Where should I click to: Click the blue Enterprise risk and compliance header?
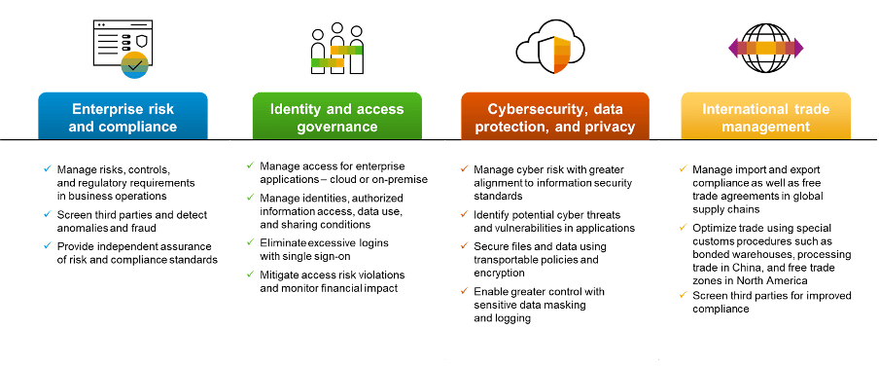point(123,117)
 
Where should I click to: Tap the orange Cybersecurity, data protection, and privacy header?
point(554,117)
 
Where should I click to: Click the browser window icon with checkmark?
point(123,47)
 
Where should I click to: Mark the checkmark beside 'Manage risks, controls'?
point(47,168)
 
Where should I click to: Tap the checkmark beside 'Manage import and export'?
point(681,168)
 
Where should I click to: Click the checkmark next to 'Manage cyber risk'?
point(463,168)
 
